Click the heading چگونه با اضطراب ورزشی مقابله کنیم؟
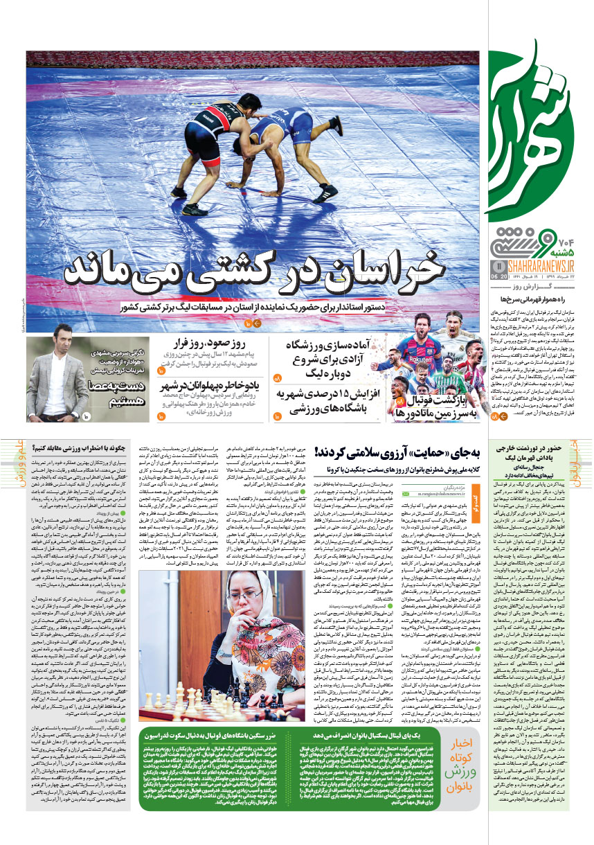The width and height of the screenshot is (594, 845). (x=91, y=447)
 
